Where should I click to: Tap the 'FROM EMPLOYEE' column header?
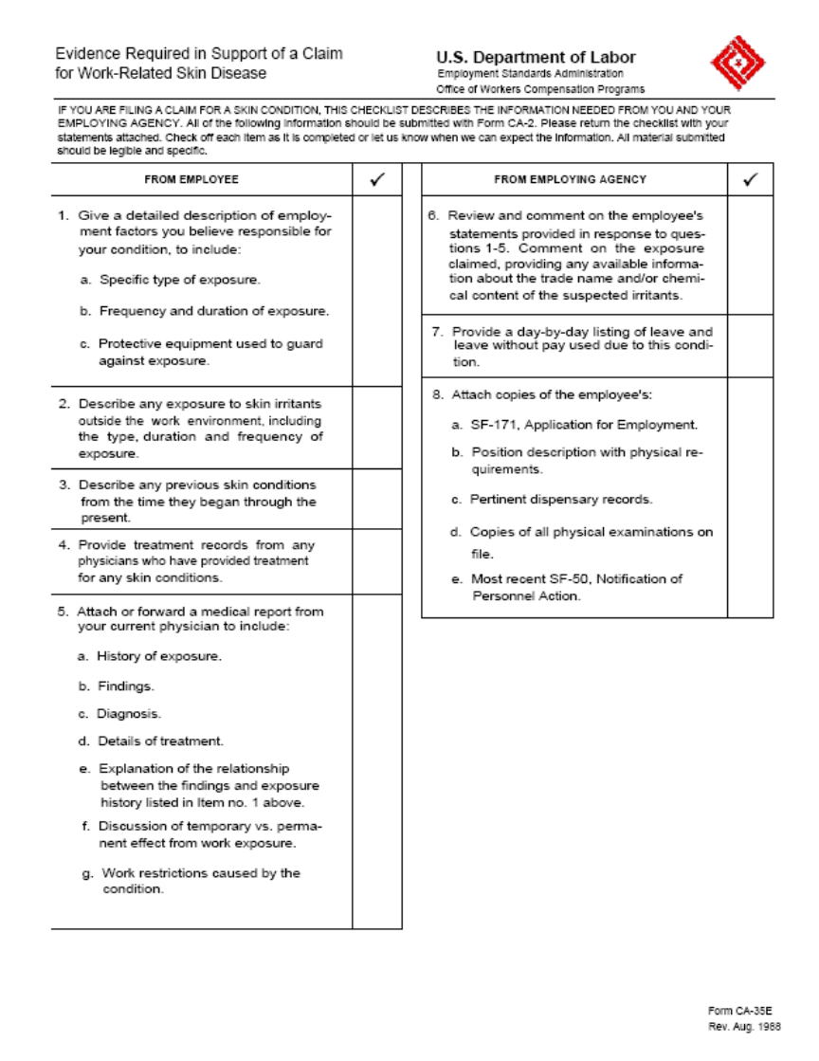pos(191,179)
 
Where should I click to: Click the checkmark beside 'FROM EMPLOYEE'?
pos(376,179)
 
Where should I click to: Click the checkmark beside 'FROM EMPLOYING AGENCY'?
pos(750,179)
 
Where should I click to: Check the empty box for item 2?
pos(376,428)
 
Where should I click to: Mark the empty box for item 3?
pos(376,499)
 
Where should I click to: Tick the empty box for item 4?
pos(376,561)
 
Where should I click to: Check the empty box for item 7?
pos(750,347)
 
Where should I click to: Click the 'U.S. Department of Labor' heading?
pos(536,57)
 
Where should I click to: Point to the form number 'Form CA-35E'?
pos(739,1012)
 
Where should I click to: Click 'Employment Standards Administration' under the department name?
pos(530,74)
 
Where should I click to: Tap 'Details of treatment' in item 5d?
pos(160,741)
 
